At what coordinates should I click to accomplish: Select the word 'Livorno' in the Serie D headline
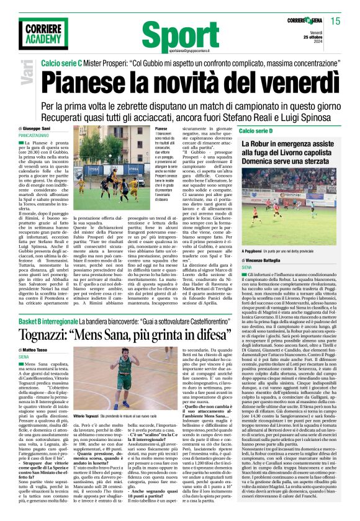coord(289,155)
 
